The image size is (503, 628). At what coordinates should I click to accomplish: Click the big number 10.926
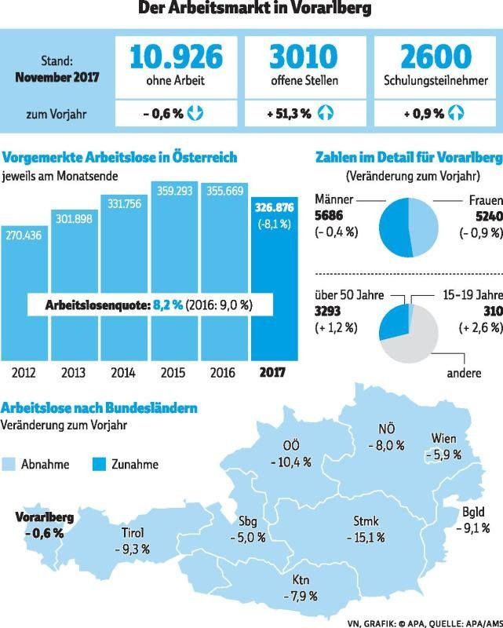(x=176, y=57)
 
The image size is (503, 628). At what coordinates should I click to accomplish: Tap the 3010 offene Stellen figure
(x=303, y=57)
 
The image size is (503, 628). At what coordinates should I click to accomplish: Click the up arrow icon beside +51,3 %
(x=325, y=114)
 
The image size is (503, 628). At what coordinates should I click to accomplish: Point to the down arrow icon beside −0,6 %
(x=196, y=114)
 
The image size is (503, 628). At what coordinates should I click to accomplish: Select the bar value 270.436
(x=26, y=235)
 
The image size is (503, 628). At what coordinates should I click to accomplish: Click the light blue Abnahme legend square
(x=10, y=463)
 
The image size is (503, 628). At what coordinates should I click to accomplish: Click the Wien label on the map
(x=444, y=438)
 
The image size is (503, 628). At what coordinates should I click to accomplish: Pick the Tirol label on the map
(x=133, y=533)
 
